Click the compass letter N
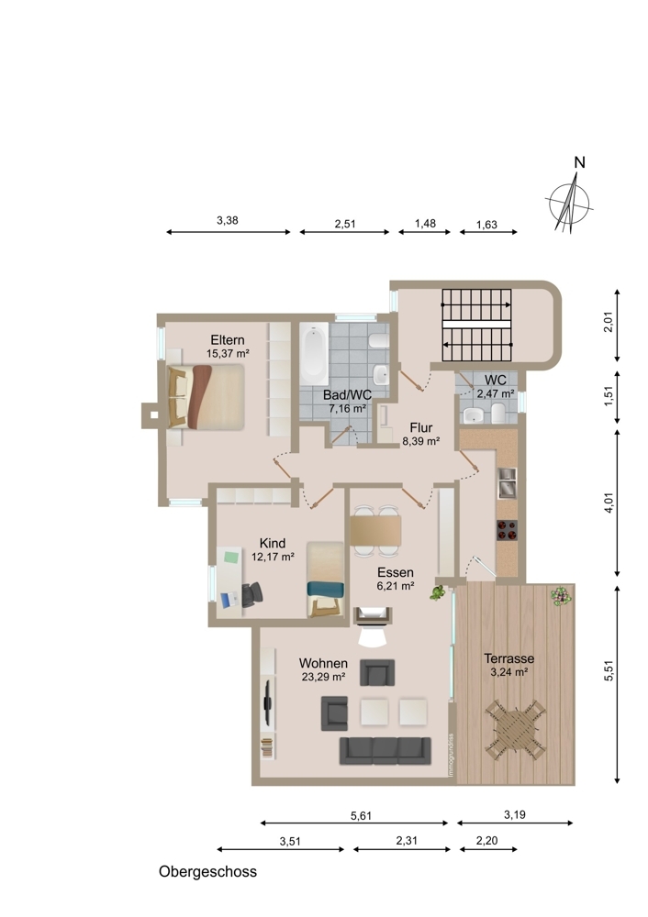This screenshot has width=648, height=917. [579, 162]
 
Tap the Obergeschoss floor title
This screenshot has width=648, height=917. [207, 872]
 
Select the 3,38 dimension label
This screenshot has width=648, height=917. [228, 220]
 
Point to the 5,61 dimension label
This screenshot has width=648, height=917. [361, 816]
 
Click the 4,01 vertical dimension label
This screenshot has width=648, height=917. [609, 503]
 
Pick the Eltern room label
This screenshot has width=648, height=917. [228, 340]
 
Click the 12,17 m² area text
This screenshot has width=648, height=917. [273, 558]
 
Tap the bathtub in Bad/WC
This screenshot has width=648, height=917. [314, 354]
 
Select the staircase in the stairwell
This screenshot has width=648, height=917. [476, 326]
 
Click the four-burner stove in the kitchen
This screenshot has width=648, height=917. [507, 530]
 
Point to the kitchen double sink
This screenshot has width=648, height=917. [507, 482]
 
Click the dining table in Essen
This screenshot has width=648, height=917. [375, 530]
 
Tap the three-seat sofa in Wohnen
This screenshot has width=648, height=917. [385, 751]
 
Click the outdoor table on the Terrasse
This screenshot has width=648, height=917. [515, 730]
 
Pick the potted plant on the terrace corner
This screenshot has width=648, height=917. [561, 596]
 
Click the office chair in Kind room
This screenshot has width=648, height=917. [252, 595]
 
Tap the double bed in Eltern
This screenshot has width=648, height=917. [206, 397]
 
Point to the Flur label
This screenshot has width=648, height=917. [421, 427]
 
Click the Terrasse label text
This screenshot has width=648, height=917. [509, 658]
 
